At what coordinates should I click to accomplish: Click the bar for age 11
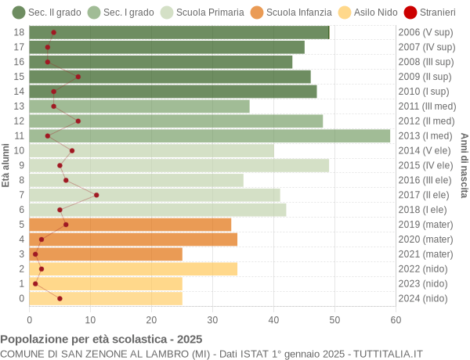pos(210,135)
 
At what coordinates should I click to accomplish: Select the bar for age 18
pos(179,32)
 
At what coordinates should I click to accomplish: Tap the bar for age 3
pos(106,254)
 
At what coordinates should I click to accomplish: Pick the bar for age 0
pos(106,298)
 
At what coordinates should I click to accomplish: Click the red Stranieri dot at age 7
pos(96,195)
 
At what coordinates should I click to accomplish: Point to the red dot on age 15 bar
pos(78,77)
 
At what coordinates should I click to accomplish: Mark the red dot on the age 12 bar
pos(78,121)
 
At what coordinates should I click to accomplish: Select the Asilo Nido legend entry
pos(349,12)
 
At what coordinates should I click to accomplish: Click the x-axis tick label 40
pos(273,319)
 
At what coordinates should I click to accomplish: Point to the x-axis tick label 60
pos(396,319)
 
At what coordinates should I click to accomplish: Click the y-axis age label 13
pos(20,106)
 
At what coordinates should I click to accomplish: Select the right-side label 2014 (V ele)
pos(425,150)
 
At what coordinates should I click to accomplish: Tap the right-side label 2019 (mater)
pos(425,224)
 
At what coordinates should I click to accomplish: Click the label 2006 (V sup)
pos(425,32)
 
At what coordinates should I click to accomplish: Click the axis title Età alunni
pos(6,165)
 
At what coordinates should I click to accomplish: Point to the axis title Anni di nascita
pos(464,165)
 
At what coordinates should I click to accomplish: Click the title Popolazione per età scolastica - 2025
pos(101,339)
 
